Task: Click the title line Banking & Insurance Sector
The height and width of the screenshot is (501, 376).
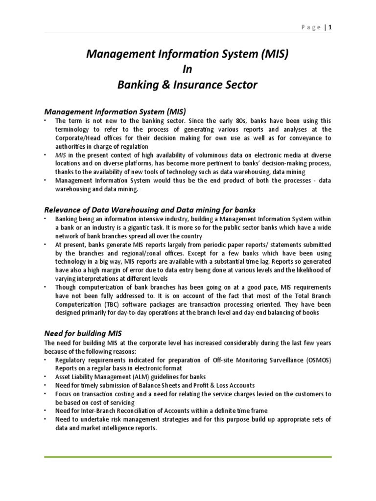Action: coord(188,85)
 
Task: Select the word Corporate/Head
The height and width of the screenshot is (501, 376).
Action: coord(78,138)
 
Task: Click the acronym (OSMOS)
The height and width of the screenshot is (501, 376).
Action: coord(314,360)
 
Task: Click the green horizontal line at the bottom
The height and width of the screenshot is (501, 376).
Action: coord(188,457)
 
